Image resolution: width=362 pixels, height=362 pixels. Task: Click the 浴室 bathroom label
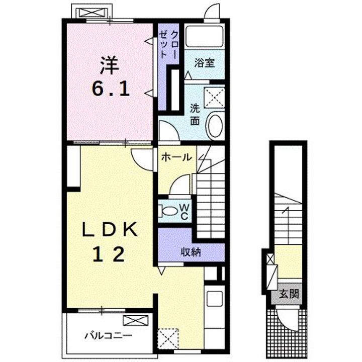coord(205,63)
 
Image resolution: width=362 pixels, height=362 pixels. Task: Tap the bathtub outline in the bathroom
coord(205,37)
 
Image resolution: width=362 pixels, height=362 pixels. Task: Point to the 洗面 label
coord(195,115)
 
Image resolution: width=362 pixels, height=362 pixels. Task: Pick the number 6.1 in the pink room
coord(110,89)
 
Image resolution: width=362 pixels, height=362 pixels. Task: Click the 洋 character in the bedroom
coord(110,65)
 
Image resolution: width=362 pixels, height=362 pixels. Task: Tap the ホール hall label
coord(176,157)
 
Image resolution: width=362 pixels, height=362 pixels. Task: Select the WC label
coord(186,211)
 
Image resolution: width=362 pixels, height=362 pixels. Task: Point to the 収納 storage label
coord(191,252)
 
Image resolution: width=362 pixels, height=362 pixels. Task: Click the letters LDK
coord(110,229)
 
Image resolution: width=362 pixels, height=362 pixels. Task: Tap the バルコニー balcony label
coord(108,335)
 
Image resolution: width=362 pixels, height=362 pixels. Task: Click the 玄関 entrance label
coord(289,294)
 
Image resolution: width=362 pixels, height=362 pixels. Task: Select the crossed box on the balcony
coord(136,320)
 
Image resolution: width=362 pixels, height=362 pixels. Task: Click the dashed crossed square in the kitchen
coord(168,338)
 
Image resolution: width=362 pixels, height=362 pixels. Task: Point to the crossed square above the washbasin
coord(215,98)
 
